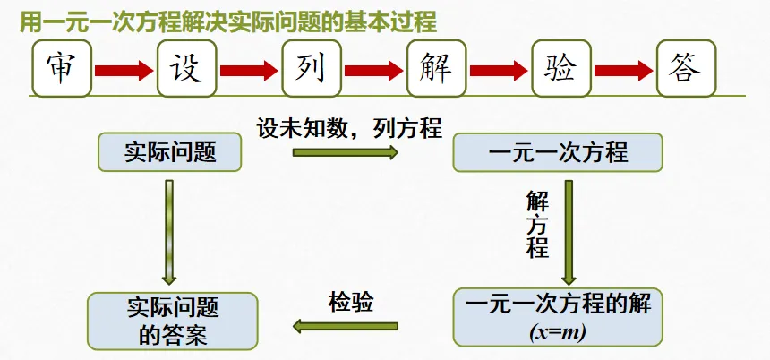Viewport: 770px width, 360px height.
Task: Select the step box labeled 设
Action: tap(187, 67)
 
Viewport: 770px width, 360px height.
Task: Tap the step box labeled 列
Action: tap(312, 67)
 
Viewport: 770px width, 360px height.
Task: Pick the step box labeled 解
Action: tap(436, 67)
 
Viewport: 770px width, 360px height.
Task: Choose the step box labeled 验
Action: tap(560, 67)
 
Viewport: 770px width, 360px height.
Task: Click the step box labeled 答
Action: tap(686, 67)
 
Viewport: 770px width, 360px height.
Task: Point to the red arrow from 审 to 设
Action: tap(124, 68)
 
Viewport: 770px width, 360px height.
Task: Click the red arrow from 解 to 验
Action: tap(499, 68)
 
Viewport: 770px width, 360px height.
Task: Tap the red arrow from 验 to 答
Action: tap(623, 68)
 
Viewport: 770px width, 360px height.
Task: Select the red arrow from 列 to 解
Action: tap(374, 68)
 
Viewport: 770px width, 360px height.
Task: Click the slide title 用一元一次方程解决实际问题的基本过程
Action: tap(228, 21)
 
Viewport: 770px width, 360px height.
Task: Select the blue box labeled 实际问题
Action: tap(170, 152)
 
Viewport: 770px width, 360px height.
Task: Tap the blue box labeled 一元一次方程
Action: tap(558, 152)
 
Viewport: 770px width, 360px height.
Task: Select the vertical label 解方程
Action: tap(536, 224)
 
